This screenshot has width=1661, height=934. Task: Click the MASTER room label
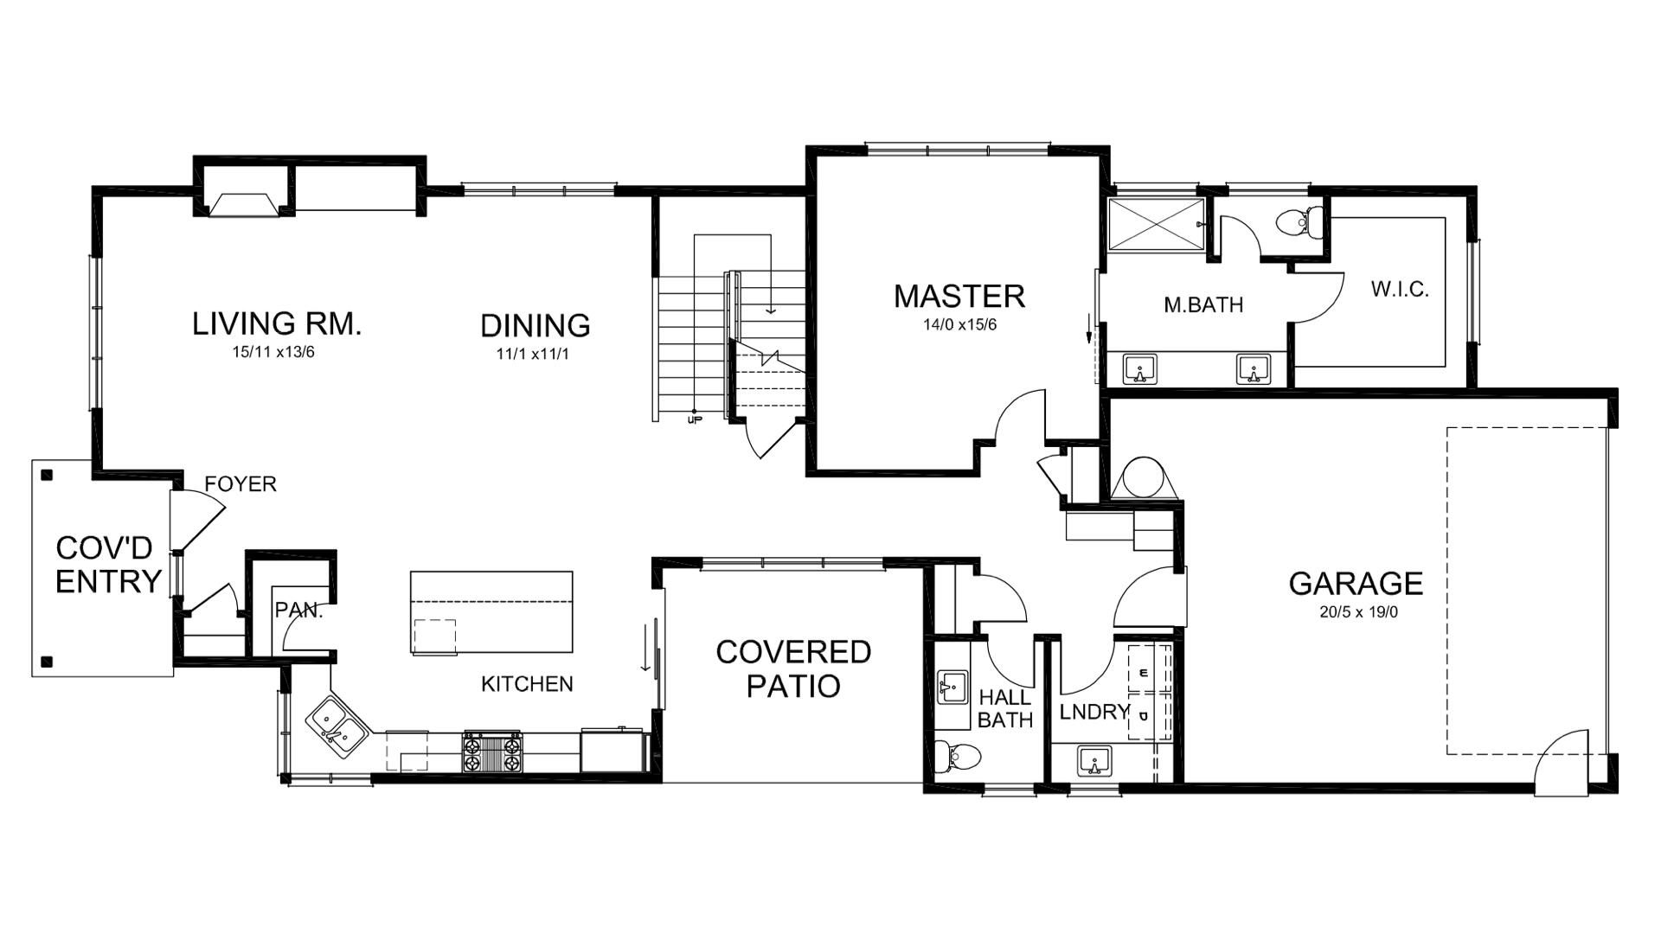tap(959, 297)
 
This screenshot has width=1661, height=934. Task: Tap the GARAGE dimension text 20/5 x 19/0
tap(1356, 612)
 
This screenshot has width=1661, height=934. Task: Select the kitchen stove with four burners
tap(493, 752)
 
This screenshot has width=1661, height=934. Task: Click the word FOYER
tap(240, 484)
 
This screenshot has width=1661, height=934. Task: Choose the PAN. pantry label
tap(298, 611)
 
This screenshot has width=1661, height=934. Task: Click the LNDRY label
tap(1094, 712)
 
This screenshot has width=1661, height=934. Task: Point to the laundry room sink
tap(1094, 763)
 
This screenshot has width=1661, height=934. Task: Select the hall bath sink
tap(952, 688)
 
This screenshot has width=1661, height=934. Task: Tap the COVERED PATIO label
tap(792, 669)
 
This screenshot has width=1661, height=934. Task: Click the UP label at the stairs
tap(693, 420)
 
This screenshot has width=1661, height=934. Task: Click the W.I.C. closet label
tap(1399, 290)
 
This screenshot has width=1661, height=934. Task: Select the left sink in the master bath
tap(1139, 369)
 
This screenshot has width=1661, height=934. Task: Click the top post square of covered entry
tap(47, 475)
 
